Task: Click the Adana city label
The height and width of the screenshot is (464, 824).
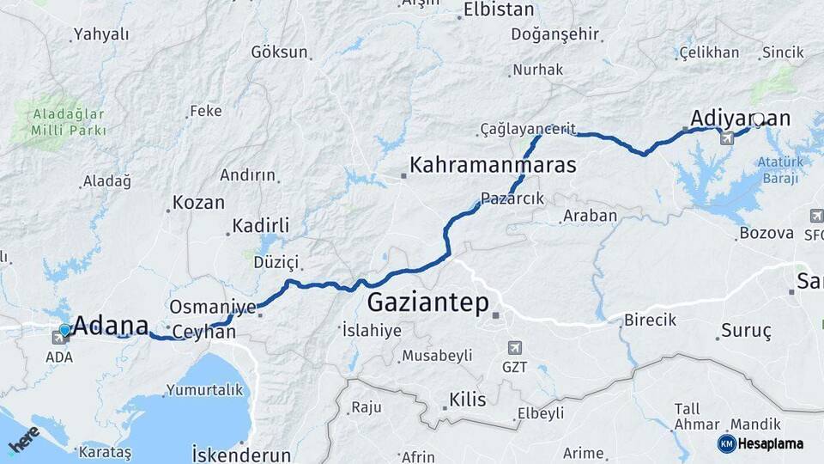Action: click(111, 326)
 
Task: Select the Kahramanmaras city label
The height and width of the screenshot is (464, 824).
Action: click(493, 165)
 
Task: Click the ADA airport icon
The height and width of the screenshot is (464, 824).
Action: click(62, 337)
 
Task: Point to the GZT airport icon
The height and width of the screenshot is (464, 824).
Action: click(515, 348)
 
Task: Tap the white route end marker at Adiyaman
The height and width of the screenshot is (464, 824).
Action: click(758, 119)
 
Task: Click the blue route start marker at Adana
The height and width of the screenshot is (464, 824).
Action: click(64, 329)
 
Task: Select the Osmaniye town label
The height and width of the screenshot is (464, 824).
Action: click(213, 307)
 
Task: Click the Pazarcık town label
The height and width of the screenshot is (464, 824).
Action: click(512, 198)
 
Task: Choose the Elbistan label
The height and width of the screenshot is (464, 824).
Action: click(498, 10)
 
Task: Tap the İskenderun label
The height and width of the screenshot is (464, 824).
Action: click(241, 454)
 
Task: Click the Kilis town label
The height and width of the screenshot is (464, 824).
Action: click(467, 400)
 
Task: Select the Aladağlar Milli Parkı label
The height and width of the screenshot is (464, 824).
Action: click(69, 122)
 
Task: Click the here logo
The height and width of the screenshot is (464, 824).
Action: click(23, 440)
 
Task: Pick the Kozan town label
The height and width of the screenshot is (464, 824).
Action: click(198, 204)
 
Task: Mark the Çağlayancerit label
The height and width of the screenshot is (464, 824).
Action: click(528, 129)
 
